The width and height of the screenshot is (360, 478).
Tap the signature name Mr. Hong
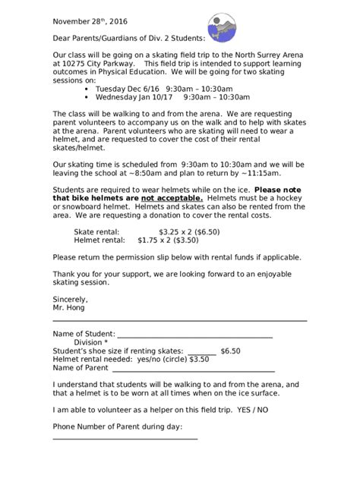click(x=69, y=307)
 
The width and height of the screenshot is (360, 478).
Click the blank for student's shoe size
click(x=201, y=352)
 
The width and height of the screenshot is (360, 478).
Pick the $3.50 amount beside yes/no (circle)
click(x=198, y=360)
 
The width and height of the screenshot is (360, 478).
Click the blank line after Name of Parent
click(x=193, y=370)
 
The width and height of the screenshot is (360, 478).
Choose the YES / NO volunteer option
click(x=251, y=409)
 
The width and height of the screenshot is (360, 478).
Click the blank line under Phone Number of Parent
click(x=125, y=438)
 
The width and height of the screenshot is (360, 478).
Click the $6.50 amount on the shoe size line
click(x=230, y=351)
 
